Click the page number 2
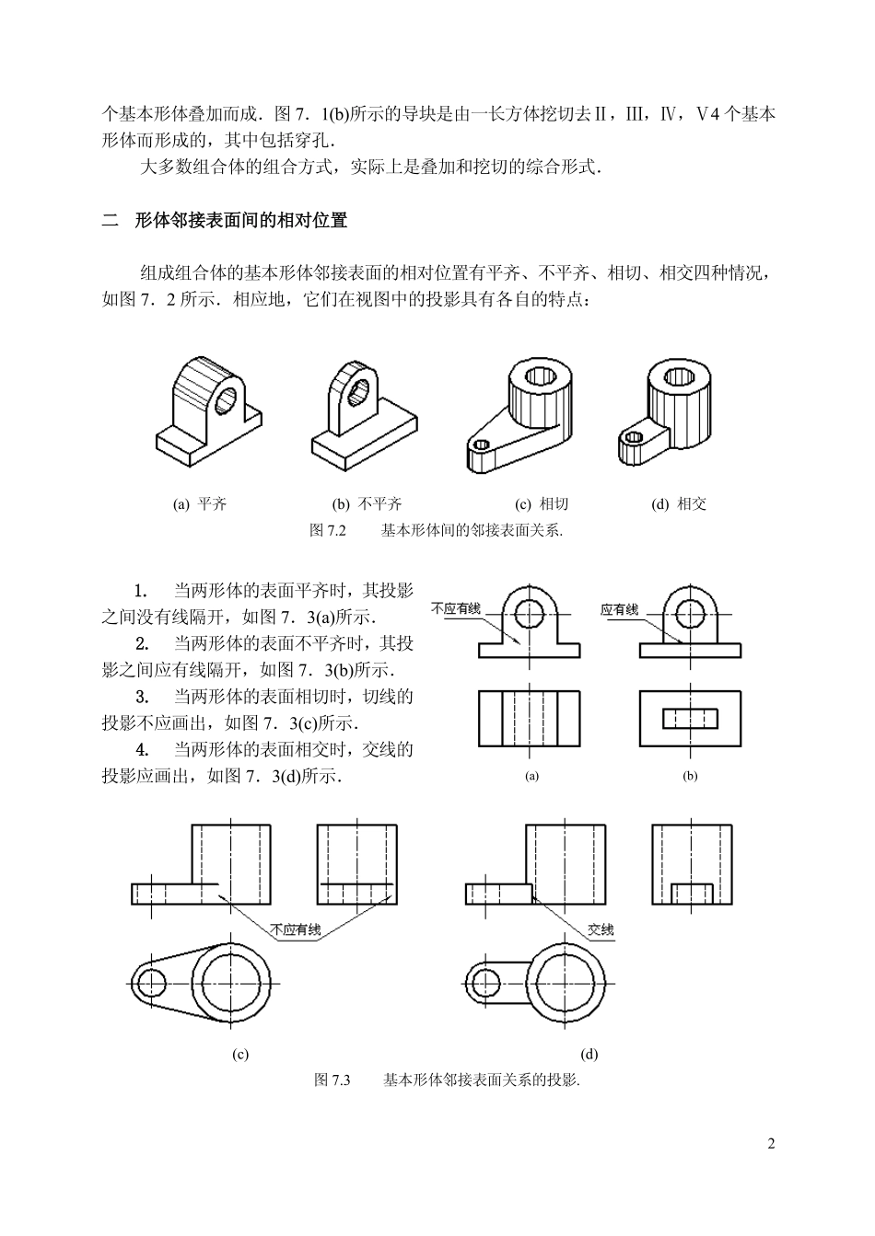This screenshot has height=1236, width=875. (x=771, y=1144)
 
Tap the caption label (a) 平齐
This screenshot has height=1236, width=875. (x=200, y=503)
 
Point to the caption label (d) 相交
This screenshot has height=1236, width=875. (x=679, y=503)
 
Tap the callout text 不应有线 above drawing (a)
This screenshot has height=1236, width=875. (x=456, y=608)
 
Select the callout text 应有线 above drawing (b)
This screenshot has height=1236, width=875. (x=619, y=609)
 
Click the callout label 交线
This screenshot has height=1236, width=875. (x=601, y=930)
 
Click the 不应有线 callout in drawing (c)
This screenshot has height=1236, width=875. (x=296, y=930)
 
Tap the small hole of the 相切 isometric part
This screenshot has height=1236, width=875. (x=479, y=445)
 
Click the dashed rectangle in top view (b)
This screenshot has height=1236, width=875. (x=689, y=718)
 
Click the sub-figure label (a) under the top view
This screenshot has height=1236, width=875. (x=531, y=776)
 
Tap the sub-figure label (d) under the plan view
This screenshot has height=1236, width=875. (x=589, y=1055)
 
